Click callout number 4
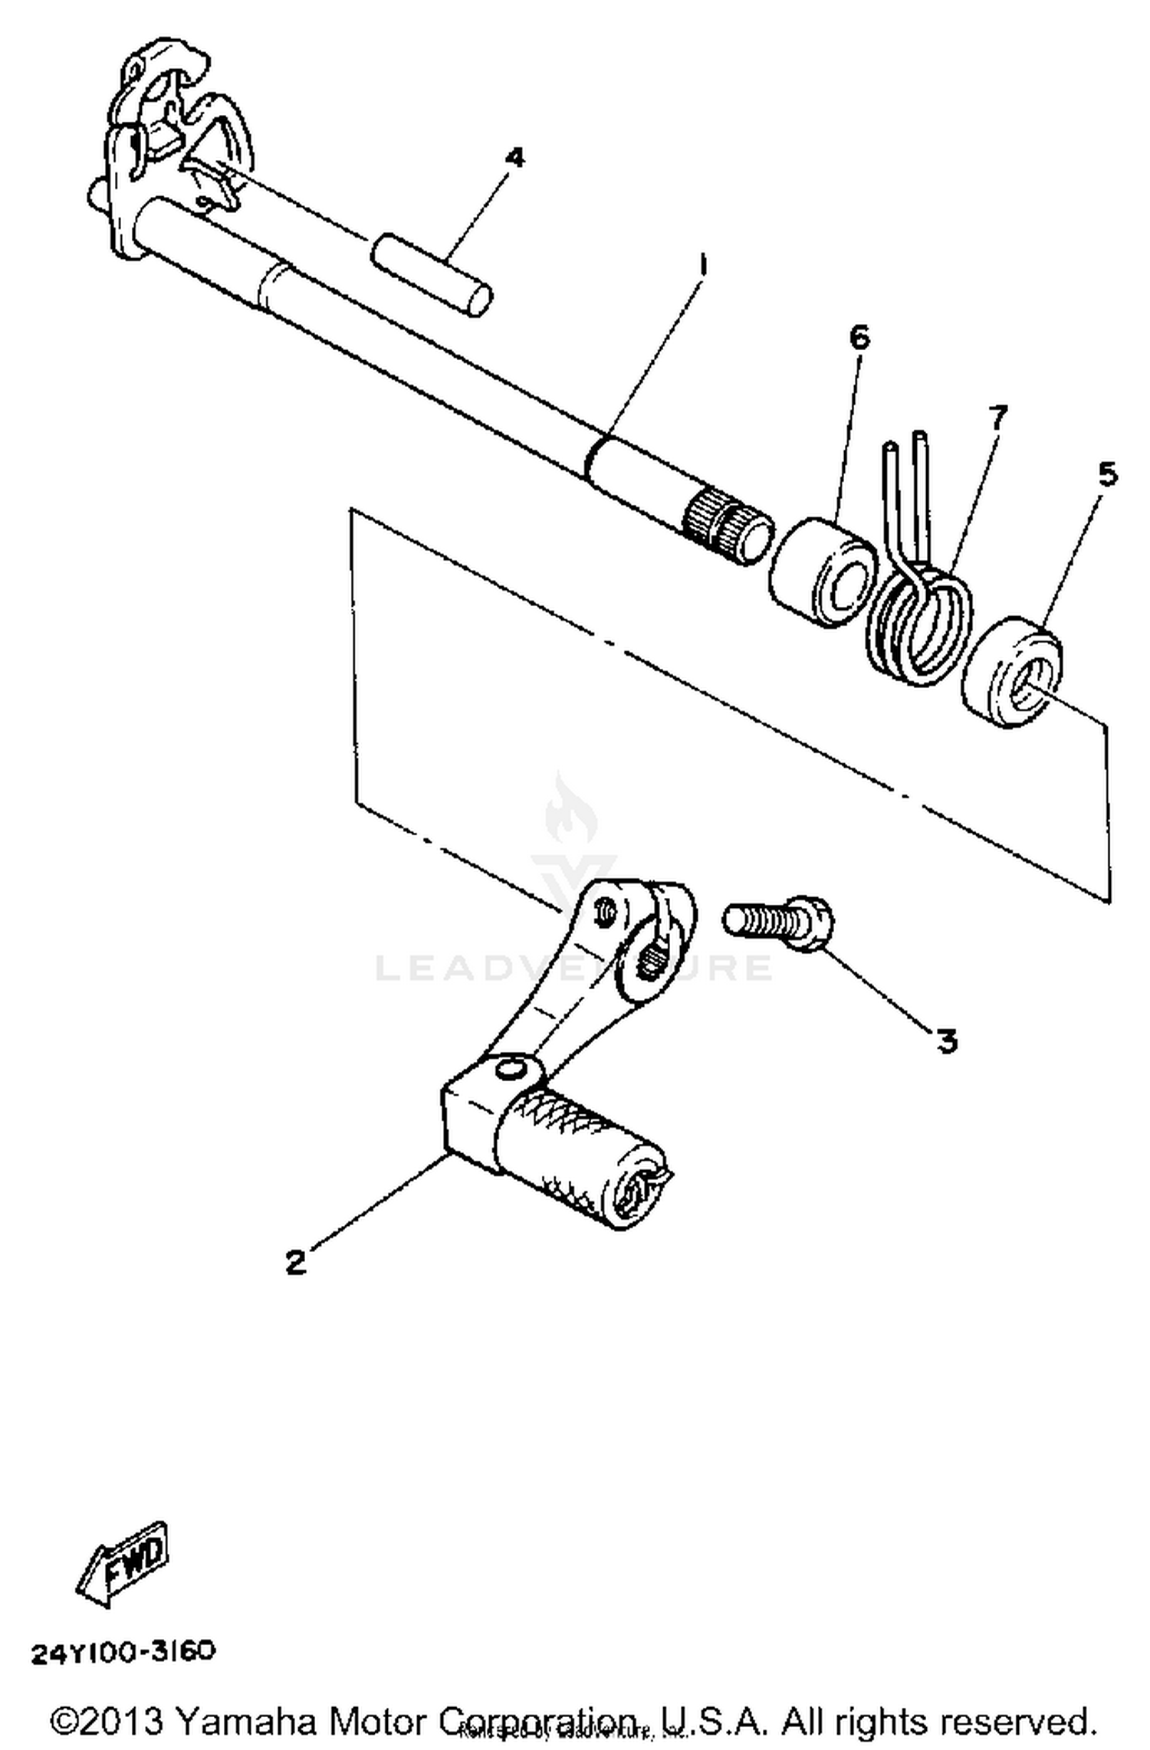tap(516, 159)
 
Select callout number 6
tap(859, 337)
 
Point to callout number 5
tap(1107, 475)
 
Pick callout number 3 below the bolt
tap(947, 1041)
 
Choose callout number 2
tap(296, 1262)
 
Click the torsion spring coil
tap(916, 622)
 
